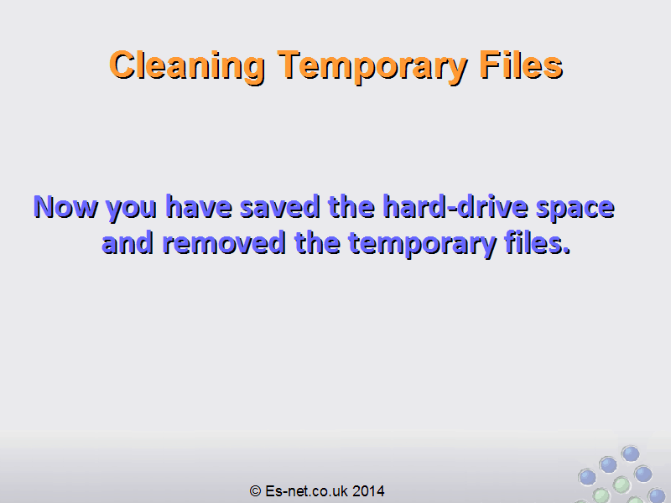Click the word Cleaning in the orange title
(187, 65)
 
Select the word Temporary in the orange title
(372, 66)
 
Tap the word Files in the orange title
(521, 65)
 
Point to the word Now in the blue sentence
(65, 206)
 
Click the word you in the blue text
(132, 210)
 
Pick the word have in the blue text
(199, 206)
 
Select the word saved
(280, 206)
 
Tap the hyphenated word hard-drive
(455, 206)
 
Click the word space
(575, 209)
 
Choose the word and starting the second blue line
(127, 242)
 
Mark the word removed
(224, 242)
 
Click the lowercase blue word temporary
(423, 245)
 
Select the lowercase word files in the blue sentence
(533, 242)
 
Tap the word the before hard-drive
(351, 206)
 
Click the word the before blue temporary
(317, 242)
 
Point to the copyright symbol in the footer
(256, 491)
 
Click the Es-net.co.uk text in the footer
(306, 491)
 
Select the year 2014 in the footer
(368, 491)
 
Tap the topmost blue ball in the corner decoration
(631, 454)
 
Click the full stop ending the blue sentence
(567, 251)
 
